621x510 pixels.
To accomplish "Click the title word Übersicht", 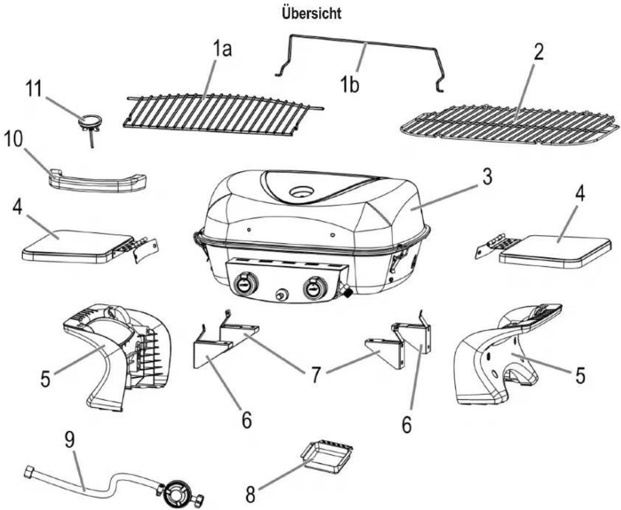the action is pos(311,13).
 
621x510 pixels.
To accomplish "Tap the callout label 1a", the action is pos(222,50).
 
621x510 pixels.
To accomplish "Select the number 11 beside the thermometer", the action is pos(34,89).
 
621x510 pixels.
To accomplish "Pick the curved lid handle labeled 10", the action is pos(97,182).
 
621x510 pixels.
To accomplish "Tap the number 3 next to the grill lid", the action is pos(486,176).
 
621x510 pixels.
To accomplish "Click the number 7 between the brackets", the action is pos(315,375).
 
